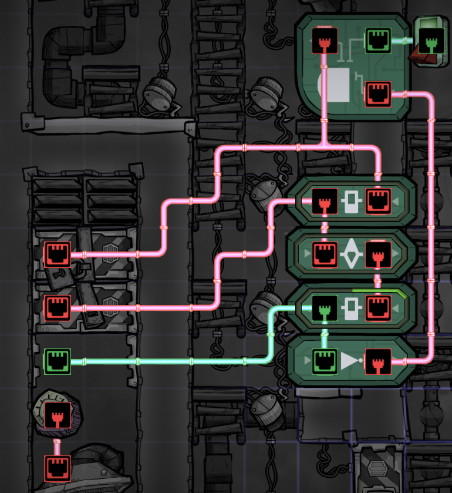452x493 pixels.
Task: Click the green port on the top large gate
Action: [378, 41]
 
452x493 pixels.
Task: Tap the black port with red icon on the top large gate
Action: [323, 41]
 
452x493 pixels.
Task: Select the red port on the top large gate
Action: [378, 94]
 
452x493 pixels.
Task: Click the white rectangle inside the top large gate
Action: [339, 85]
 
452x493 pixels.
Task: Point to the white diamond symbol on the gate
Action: [350, 253]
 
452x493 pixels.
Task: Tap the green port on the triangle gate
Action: [323, 361]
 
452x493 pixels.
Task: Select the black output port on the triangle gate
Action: [378, 361]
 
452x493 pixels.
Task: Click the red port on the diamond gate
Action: [323, 254]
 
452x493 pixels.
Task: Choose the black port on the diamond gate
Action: [378, 254]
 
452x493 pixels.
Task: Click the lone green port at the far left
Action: [58, 361]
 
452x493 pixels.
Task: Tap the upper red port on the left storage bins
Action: [58, 254]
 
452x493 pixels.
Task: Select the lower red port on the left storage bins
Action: [58, 308]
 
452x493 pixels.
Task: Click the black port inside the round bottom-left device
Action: [58, 414]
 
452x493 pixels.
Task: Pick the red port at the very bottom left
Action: [58, 468]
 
